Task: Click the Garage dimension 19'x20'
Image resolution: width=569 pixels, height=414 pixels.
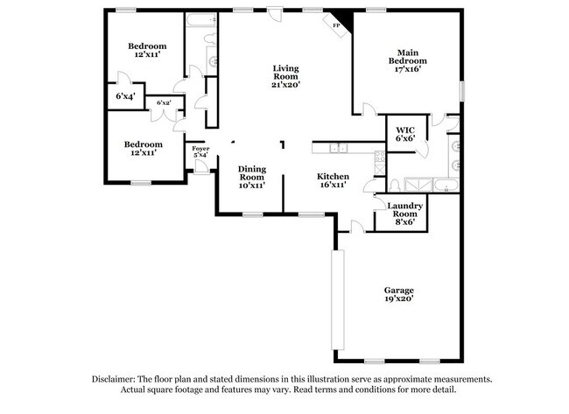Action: (x=398, y=298)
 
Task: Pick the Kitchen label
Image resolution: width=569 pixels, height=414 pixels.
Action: (x=333, y=175)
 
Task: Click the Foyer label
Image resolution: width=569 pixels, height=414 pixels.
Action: (x=200, y=150)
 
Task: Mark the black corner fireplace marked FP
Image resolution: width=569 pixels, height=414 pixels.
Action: (x=339, y=24)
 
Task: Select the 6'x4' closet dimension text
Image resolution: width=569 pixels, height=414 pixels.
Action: (x=125, y=96)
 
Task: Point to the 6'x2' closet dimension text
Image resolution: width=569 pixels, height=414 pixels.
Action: (x=163, y=103)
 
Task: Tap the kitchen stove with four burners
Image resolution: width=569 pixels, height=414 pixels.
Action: (x=377, y=158)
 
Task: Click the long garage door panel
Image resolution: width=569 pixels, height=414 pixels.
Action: (x=334, y=298)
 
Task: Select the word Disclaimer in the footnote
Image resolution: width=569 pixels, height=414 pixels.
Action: (x=117, y=379)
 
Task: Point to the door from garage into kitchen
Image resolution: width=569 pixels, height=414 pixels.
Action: (x=354, y=228)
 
